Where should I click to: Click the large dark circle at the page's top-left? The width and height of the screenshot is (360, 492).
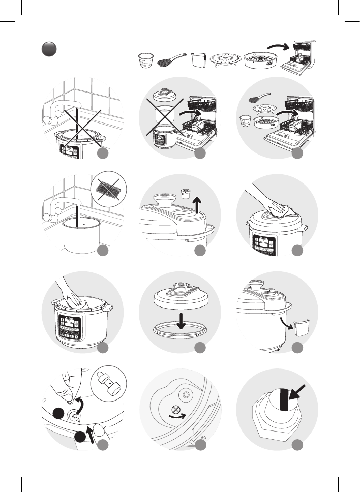pos(49,50)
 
